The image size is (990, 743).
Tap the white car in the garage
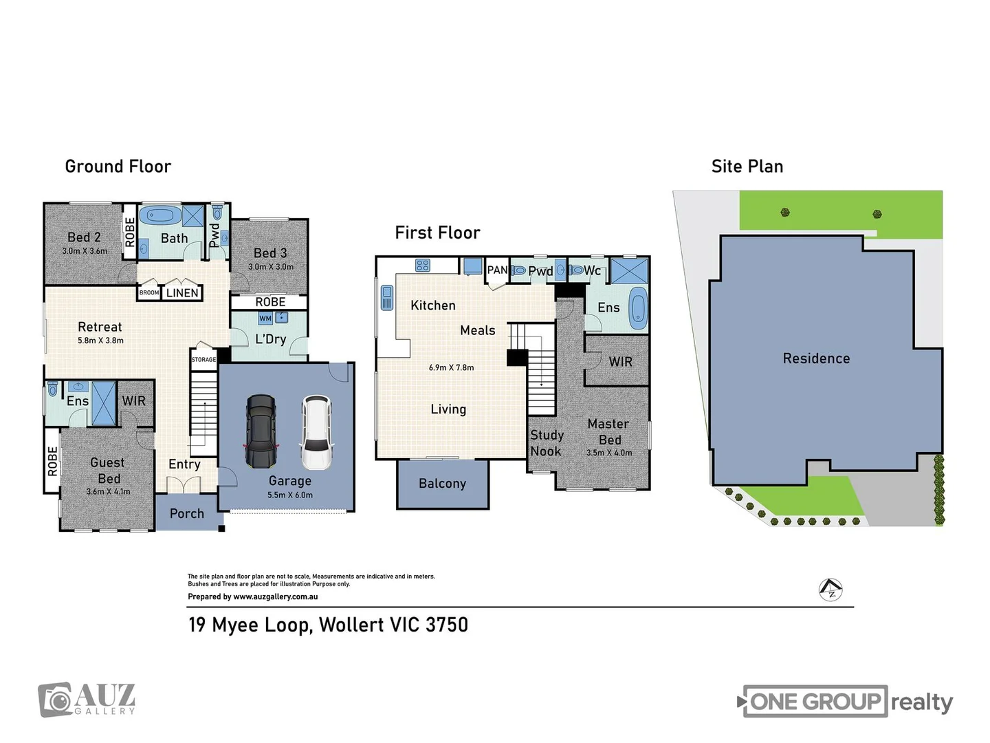[316, 432]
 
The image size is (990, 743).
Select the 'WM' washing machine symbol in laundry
[265, 319]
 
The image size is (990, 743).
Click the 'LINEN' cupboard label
[182, 293]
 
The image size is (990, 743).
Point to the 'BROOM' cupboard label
[149, 293]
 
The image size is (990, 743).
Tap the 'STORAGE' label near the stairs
[203, 360]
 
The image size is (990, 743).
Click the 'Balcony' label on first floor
[442, 484]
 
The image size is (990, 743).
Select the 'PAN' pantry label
[497, 270]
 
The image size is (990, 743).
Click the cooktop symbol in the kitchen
[422, 266]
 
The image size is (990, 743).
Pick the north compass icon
[831, 590]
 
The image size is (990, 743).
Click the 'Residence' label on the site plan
[816, 358]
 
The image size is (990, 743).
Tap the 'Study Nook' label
[547, 443]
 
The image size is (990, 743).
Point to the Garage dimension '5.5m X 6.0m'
[290, 495]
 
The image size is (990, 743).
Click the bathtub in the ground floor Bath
[160, 215]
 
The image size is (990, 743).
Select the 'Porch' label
[187, 514]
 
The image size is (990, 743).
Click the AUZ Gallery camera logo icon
[55, 700]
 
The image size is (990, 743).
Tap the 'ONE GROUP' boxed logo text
[815, 702]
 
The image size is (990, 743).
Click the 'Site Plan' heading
[747, 166]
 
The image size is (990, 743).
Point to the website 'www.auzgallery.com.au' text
[276, 597]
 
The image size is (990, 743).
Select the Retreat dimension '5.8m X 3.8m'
[100, 341]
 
